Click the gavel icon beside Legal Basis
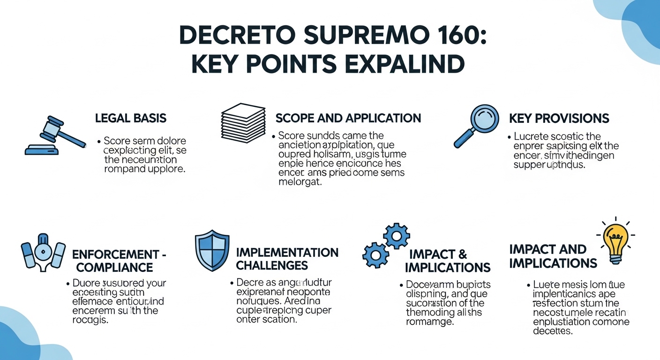(55, 135)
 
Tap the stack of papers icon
(243, 122)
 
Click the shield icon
(212, 250)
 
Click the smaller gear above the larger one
(397, 235)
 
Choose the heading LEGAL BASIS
(130, 118)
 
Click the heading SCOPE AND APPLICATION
(348, 118)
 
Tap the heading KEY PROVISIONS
(559, 118)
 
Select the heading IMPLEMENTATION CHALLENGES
(287, 259)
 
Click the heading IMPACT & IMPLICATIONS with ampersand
(447, 261)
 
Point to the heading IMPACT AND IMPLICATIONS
(553, 256)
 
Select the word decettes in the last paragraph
(553, 331)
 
